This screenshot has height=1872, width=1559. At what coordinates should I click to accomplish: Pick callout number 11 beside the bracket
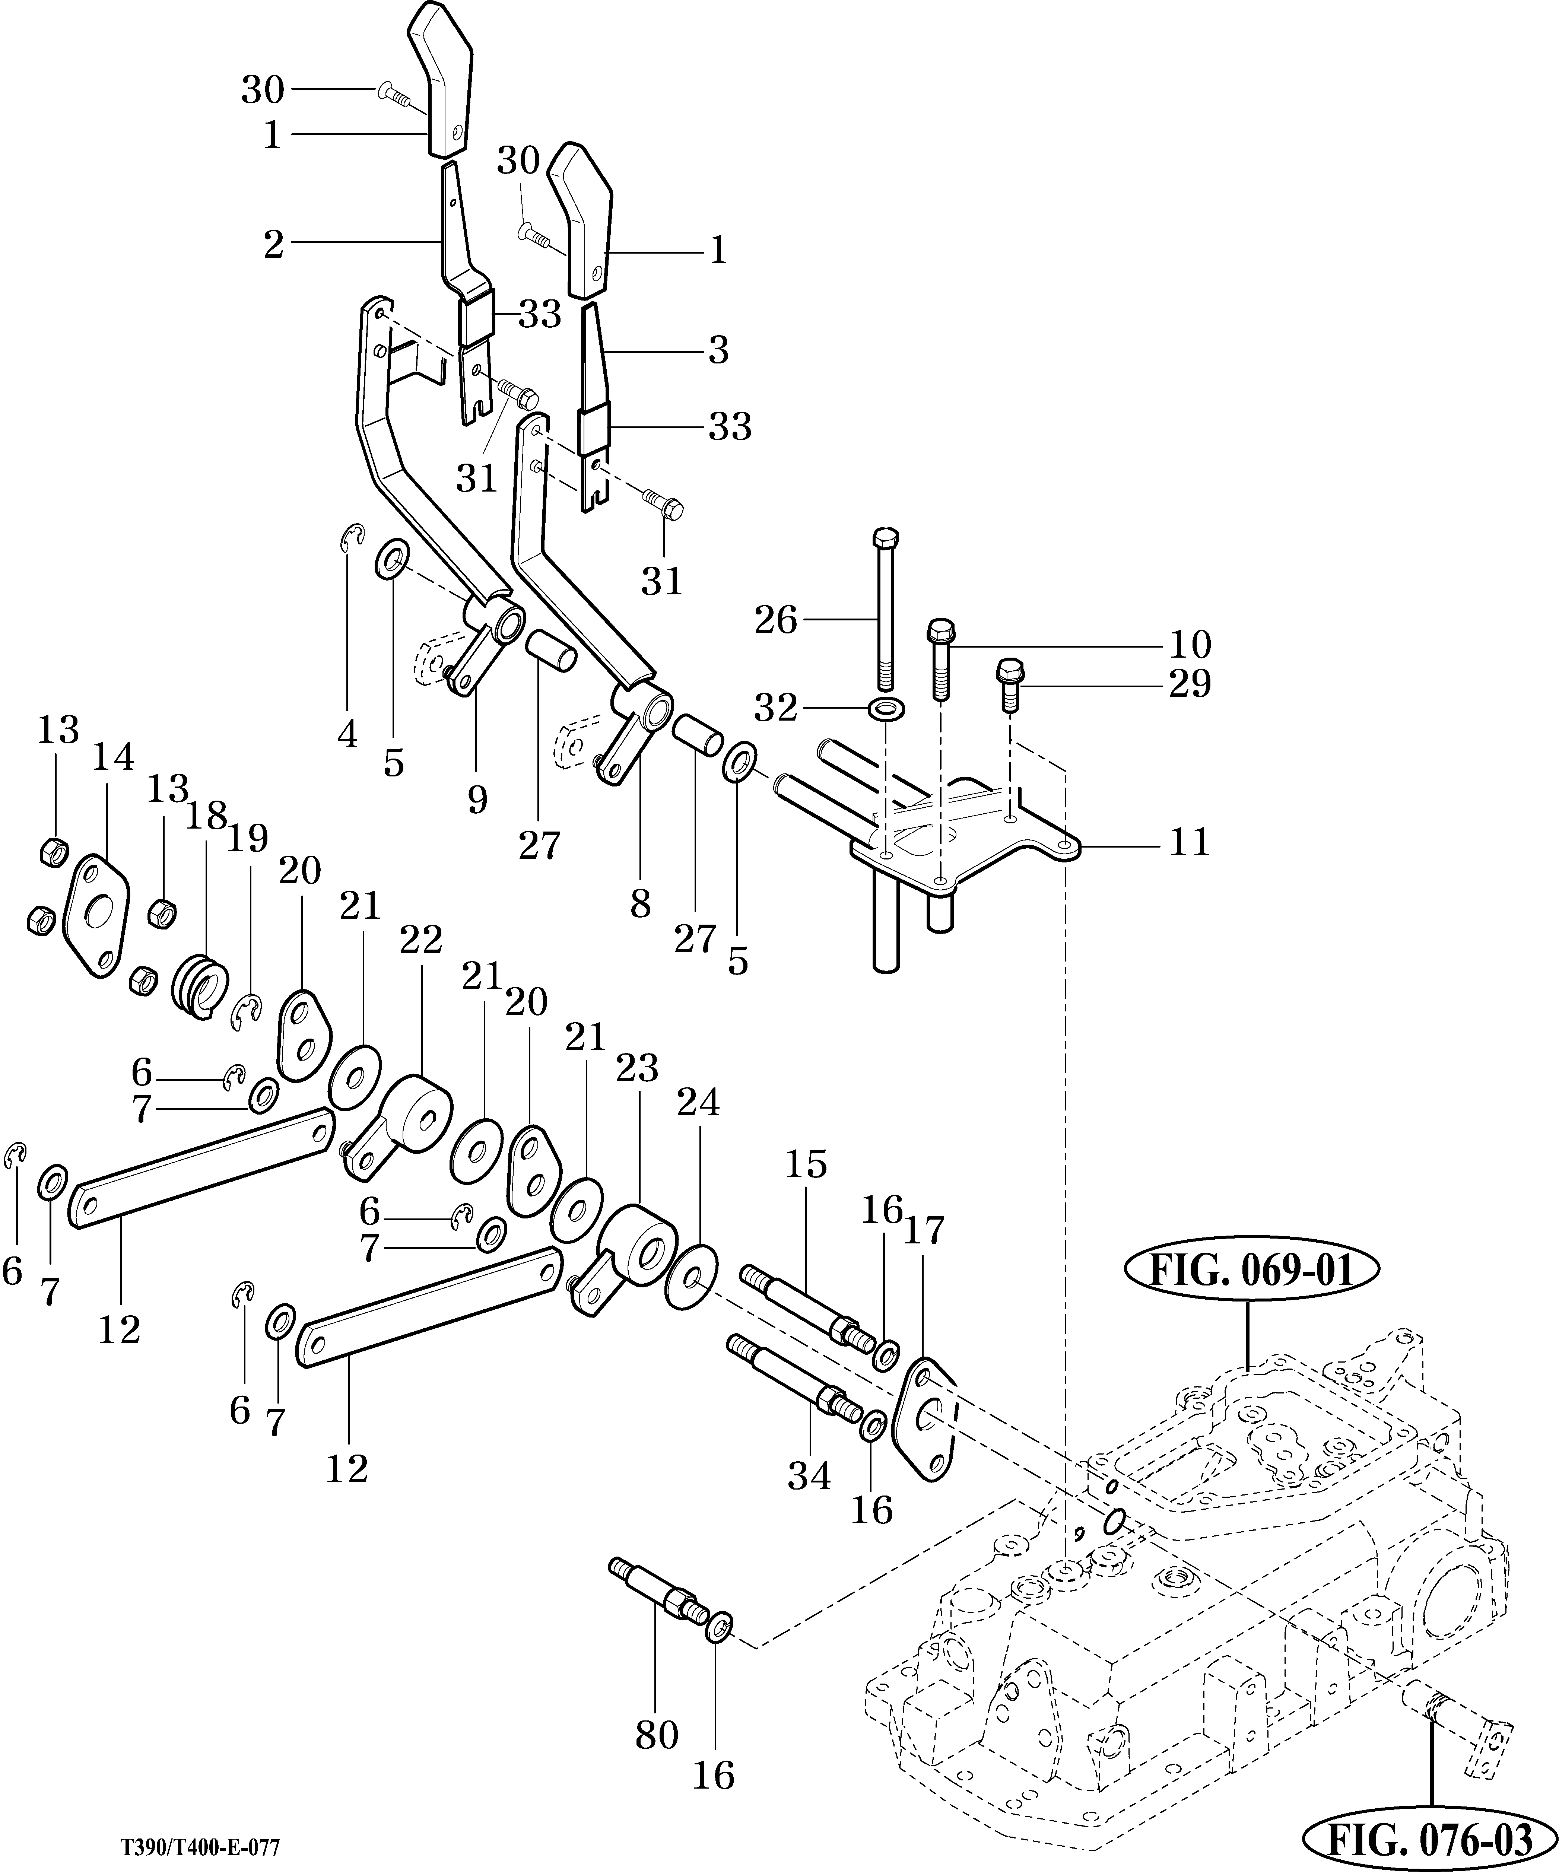pyautogui.click(x=1188, y=842)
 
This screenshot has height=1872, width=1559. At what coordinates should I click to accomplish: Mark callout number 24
pyautogui.click(x=698, y=1104)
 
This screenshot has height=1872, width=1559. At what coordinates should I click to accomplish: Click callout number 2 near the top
pyautogui.click(x=273, y=242)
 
